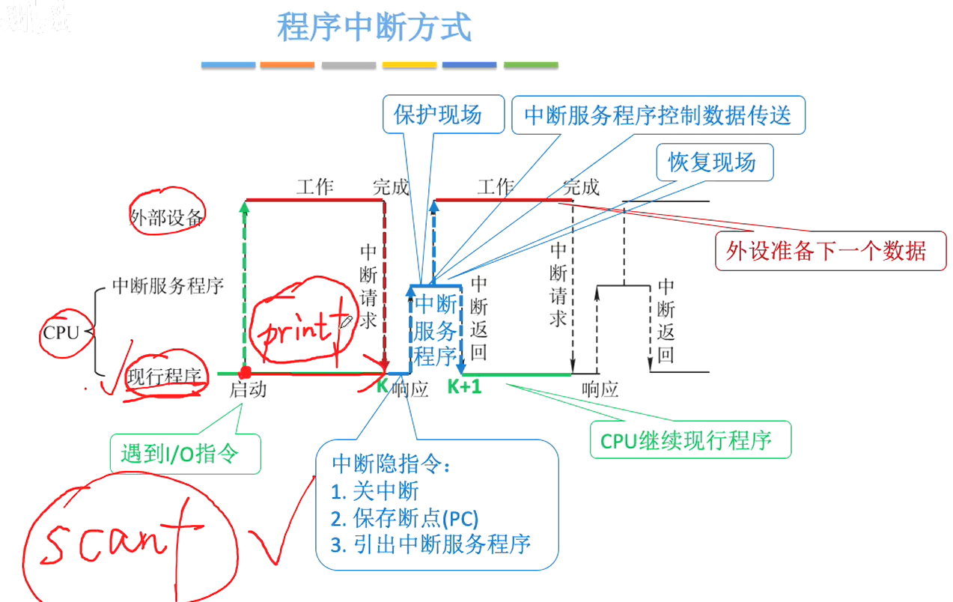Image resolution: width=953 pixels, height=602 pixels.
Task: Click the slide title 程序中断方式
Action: coord(374,28)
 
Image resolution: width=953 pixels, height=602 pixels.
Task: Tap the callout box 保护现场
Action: coord(438,115)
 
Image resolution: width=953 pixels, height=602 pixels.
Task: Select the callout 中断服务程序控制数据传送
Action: coord(658,115)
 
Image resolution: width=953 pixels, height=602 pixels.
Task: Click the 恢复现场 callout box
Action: coord(712,162)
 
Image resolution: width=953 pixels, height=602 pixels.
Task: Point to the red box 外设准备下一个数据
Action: coord(830,250)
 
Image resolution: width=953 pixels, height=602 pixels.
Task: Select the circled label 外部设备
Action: coord(166,217)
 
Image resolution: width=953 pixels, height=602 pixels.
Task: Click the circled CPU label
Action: coord(61,332)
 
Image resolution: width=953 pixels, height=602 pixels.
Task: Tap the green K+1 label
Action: coord(464,387)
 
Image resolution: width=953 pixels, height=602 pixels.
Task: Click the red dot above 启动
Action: coord(244,372)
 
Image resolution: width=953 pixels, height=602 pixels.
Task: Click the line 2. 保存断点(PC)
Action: coord(404,517)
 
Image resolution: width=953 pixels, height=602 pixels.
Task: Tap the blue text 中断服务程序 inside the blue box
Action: coord(435,329)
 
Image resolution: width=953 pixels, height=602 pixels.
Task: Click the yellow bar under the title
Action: coord(409,65)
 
